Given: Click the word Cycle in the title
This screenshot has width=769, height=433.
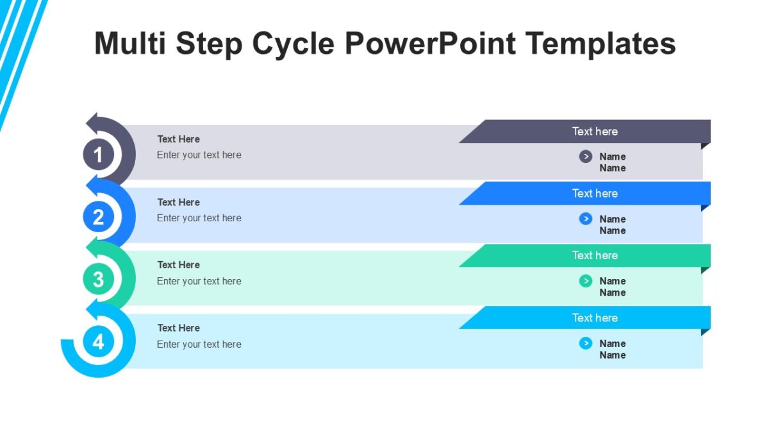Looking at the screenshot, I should click(292, 44).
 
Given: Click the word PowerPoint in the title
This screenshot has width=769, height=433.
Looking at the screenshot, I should click(430, 44).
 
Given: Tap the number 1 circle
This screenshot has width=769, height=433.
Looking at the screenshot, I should click(98, 155).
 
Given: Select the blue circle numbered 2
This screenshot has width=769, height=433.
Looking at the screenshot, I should click(98, 217).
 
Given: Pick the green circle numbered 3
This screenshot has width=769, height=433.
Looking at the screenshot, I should click(98, 280).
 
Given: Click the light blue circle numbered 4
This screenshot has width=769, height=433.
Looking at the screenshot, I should click(98, 342).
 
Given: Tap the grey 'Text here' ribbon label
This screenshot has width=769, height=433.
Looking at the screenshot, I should click(594, 132).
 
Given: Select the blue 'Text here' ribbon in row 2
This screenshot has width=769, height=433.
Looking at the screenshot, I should click(594, 194).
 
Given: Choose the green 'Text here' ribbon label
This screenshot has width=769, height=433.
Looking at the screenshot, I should click(594, 255).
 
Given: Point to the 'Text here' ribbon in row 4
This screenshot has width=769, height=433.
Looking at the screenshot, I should click(594, 318).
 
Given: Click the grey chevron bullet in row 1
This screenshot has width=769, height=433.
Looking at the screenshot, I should click(585, 157).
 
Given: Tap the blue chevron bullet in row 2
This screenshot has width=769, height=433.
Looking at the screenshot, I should click(585, 219).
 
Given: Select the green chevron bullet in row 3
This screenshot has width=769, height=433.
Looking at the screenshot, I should click(585, 281).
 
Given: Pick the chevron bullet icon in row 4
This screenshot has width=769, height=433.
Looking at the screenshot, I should click(585, 343).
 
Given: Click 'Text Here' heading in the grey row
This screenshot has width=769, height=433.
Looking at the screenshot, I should click(179, 139).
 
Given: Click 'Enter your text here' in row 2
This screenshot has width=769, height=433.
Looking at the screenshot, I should click(199, 218).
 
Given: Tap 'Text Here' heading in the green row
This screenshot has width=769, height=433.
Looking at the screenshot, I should click(179, 265).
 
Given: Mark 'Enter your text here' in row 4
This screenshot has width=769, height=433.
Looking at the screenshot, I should click(199, 344).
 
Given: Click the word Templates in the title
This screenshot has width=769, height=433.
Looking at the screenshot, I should click(601, 44).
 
